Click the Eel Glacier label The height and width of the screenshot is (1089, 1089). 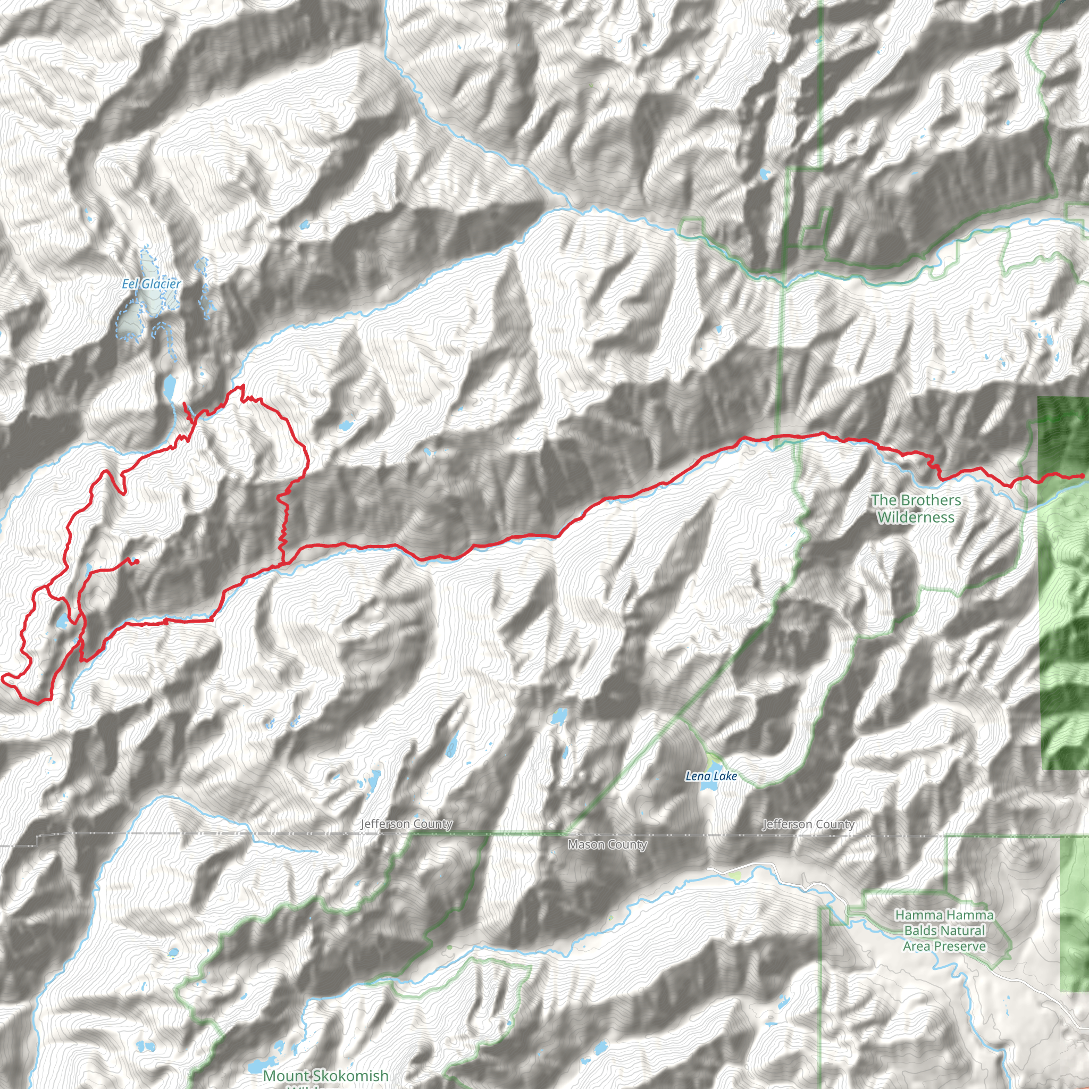[151, 284]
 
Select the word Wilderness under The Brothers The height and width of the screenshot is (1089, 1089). [916, 517]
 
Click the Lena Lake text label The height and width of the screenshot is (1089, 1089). [711, 776]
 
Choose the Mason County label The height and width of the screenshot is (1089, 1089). [607, 844]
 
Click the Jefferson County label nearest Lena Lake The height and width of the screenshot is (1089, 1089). [808, 824]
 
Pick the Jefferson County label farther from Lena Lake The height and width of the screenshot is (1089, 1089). [406, 824]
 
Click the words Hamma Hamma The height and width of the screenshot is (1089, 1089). [944, 916]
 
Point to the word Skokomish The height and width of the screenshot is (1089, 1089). [350, 1076]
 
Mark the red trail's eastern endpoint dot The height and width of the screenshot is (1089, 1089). [1082, 476]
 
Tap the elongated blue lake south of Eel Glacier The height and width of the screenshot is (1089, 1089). [169, 386]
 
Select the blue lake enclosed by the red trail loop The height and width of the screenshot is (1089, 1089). [60, 623]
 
